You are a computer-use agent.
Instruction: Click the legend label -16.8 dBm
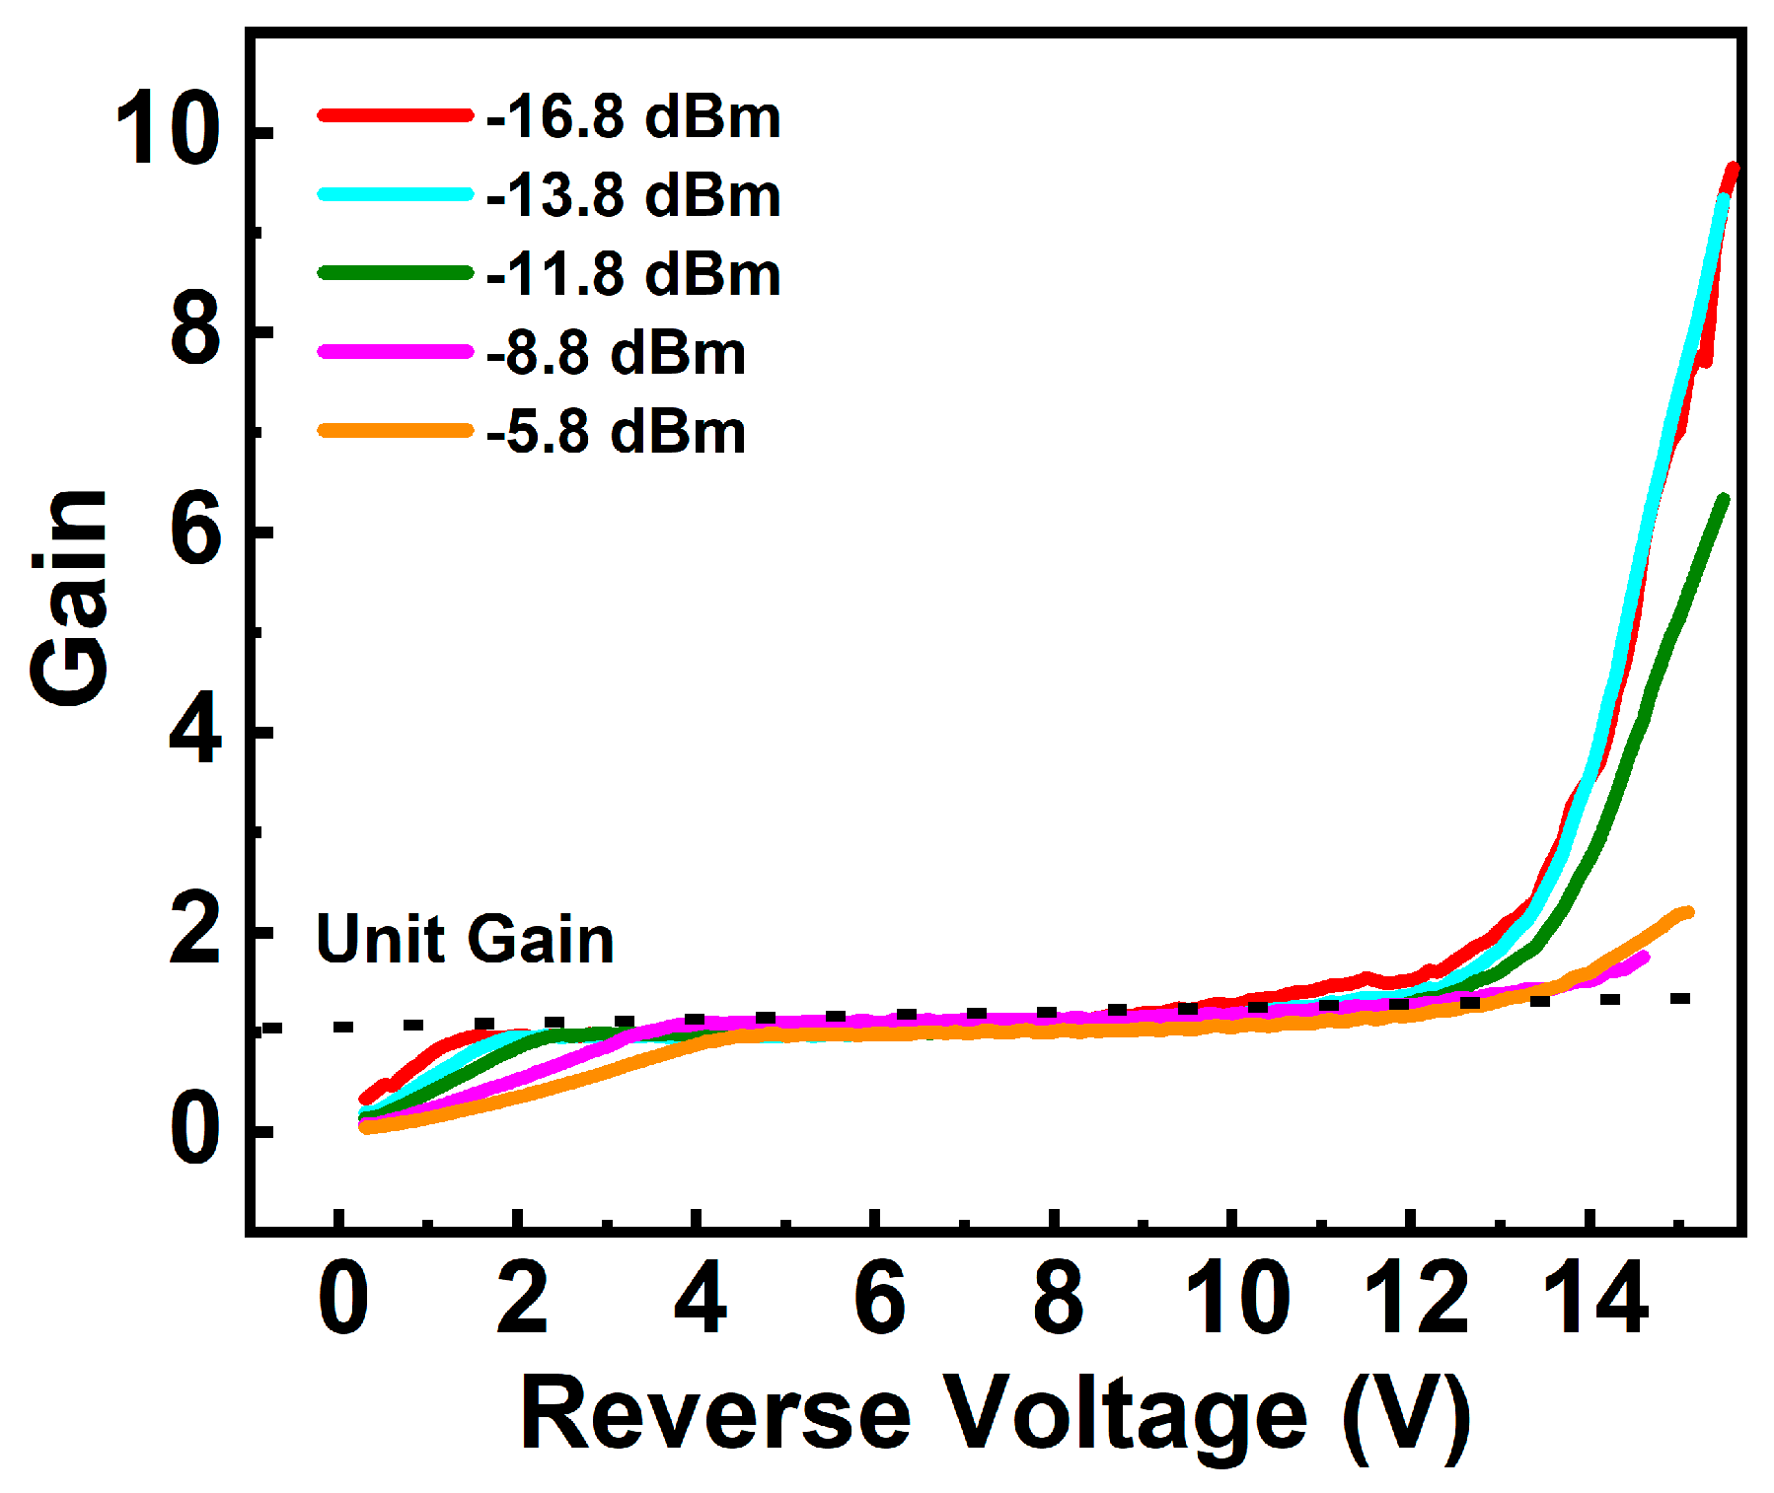pyautogui.click(x=632, y=116)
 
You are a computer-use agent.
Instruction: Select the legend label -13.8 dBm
pyautogui.click(x=632, y=195)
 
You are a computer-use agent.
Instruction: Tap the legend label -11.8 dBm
pyautogui.click(x=632, y=274)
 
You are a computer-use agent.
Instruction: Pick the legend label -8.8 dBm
pyautogui.click(x=616, y=353)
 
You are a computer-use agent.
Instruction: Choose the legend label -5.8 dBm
pyautogui.click(x=616, y=432)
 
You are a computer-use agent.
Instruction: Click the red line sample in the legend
pyautogui.click(x=395, y=115)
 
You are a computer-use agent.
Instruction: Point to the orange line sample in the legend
pyautogui.click(x=395, y=431)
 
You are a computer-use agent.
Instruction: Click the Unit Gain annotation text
pyautogui.click(x=465, y=939)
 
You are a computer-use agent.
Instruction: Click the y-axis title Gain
pyautogui.click(x=69, y=597)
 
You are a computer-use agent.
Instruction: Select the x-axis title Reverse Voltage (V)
pyautogui.click(x=995, y=1414)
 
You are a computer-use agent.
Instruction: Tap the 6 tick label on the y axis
pyautogui.click(x=194, y=532)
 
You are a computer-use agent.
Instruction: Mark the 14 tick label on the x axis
pyautogui.click(x=1594, y=1300)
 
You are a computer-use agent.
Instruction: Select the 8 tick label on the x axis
pyautogui.click(x=1057, y=1300)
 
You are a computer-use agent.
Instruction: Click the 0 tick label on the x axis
pyautogui.click(x=342, y=1300)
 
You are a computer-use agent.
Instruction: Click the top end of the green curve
pyautogui.click(x=1724, y=500)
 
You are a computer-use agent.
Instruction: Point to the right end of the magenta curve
pyautogui.click(x=1645, y=956)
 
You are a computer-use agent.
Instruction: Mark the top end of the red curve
pyautogui.click(x=1733, y=169)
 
